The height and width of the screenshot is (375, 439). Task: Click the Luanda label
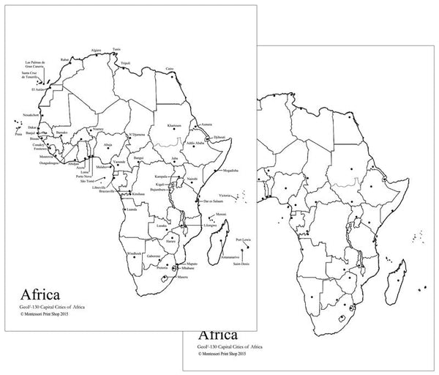point(132,208)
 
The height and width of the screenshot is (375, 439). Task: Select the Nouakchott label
point(31,115)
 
